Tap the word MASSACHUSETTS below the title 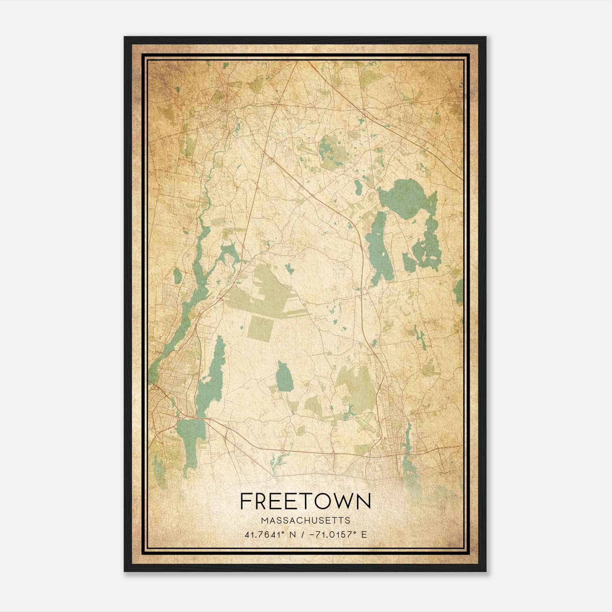306,520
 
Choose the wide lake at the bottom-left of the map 190,440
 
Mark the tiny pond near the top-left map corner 177,90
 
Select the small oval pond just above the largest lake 358,187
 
